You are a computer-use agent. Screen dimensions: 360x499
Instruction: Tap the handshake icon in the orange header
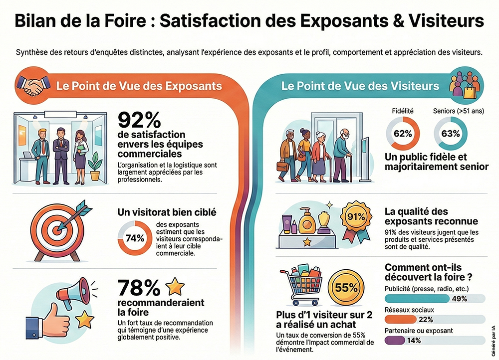[32, 85]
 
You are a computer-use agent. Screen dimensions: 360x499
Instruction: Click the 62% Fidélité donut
[403, 134]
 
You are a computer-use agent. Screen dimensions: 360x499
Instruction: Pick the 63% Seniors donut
[450, 134]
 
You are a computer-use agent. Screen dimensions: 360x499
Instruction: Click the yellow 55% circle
[346, 288]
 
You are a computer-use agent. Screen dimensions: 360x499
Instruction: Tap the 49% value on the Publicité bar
[459, 299]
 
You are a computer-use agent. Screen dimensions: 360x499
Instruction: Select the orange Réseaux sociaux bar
[401, 320]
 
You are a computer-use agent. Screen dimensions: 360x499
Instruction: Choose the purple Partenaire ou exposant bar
[395, 341]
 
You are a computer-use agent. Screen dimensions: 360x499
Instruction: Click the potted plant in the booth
[95, 165]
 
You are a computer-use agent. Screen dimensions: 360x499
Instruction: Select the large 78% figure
[139, 288]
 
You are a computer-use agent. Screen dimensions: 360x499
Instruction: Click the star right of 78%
[175, 287]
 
